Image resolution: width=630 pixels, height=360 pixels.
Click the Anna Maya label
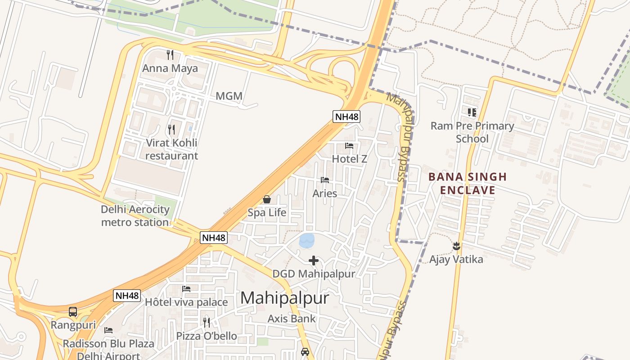(x=170, y=68)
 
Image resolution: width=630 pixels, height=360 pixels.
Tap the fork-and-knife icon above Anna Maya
(x=170, y=55)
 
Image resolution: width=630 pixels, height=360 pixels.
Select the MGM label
(x=229, y=96)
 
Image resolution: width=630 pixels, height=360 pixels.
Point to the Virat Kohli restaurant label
(x=171, y=149)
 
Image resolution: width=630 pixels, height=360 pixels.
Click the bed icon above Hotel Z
(x=349, y=146)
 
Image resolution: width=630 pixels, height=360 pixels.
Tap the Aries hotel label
(x=325, y=193)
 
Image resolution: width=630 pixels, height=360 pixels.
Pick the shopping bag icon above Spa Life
(x=267, y=199)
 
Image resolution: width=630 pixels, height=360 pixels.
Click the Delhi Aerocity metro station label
(x=135, y=216)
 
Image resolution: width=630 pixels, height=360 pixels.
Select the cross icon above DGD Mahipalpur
(x=314, y=261)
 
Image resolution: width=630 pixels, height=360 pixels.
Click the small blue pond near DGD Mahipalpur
(x=307, y=240)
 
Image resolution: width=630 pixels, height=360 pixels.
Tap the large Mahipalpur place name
(x=284, y=298)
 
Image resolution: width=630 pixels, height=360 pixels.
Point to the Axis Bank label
(x=292, y=319)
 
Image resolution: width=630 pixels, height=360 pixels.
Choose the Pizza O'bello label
(x=207, y=336)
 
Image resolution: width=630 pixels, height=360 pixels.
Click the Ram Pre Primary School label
(x=472, y=132)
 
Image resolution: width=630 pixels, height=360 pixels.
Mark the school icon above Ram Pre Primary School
(x=472, y=112)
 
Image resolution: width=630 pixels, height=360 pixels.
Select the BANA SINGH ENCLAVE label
(x=468, y=183)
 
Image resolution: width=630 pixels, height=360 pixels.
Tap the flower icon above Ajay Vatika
(x=456, y=246)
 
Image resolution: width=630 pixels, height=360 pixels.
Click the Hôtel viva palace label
(x=186, y=302)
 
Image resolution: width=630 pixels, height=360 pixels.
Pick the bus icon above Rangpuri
(x=73, y=311)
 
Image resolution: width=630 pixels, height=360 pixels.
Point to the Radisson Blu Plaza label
(x=108, y=344)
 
